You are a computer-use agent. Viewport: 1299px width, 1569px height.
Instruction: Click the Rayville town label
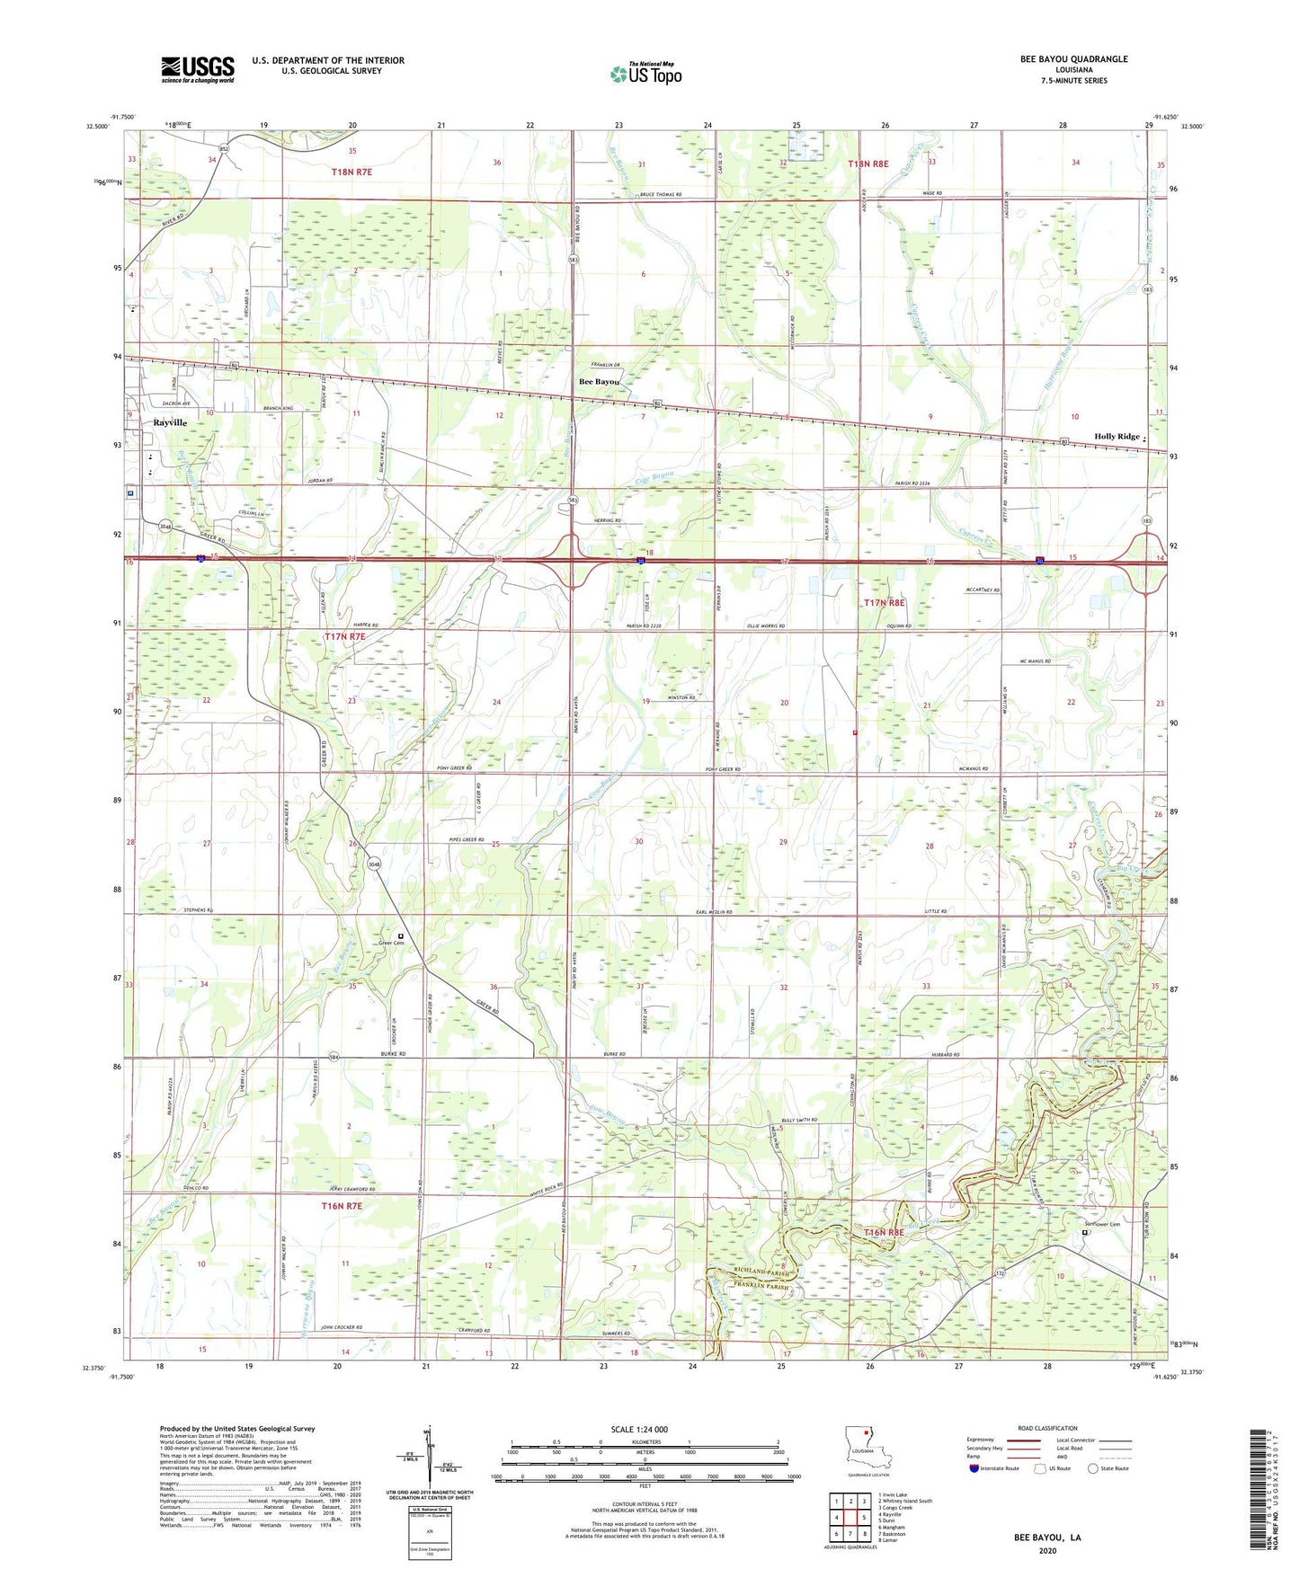(170, 422)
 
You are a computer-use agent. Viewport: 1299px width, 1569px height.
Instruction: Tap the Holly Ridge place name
(1117, 437)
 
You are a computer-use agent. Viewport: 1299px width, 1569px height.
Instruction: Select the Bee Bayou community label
(599, 382)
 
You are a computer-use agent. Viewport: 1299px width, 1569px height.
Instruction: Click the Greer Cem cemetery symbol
(401, 936)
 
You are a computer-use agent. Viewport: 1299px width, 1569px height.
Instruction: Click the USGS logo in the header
(197, 69)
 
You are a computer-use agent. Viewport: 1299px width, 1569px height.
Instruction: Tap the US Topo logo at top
(645, 74)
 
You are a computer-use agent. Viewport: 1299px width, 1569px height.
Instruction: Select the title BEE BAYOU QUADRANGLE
(1073, 59)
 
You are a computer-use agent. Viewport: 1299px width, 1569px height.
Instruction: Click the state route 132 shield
(1000, 1273)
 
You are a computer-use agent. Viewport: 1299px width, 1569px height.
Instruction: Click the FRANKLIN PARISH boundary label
(758, 1286)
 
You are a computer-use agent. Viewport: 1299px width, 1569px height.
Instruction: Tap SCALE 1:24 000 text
(639, 1430)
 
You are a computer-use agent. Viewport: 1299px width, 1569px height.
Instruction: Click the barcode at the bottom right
(1257, 1490)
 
